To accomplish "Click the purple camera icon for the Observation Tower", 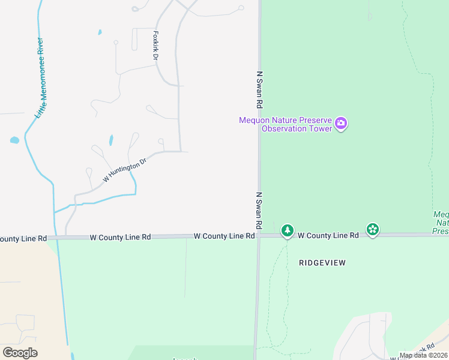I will point(341,124).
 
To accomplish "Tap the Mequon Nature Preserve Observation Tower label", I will point(285,124).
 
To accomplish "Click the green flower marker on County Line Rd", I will point(373,229).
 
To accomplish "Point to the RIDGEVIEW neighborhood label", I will point(322,263).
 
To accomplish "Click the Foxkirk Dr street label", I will point(155,46).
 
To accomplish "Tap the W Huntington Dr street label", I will point(124,170).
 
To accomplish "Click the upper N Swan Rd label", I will point(259,88).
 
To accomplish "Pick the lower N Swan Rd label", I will point(259,210).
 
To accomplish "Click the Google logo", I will point(20,352).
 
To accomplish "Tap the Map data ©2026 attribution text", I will point(423,355).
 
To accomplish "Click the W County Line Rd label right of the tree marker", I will point(328,236).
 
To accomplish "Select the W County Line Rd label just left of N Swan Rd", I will point(224,236).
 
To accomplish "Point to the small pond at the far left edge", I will point(14,140).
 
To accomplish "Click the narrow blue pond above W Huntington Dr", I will point(111,140).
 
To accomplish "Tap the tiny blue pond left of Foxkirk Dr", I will point(100,32).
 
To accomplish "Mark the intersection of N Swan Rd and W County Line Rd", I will point(259,236).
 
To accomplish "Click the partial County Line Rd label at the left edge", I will point(23,238).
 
